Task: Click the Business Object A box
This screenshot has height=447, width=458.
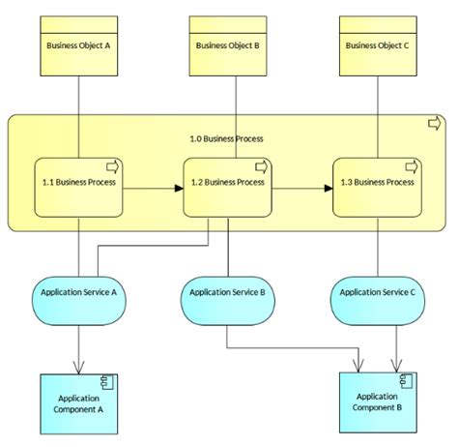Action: click(77, 45)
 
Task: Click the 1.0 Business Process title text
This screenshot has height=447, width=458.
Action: click(226, 138)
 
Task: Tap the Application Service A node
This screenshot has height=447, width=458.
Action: click(78, 292)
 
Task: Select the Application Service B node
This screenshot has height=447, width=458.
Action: click(227, 292)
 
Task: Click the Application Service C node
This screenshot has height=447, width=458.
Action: click(378, 292)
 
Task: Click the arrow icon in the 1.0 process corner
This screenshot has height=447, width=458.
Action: click(434, 122)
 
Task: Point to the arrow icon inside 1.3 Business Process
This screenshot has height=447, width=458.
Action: click(411, 166)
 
